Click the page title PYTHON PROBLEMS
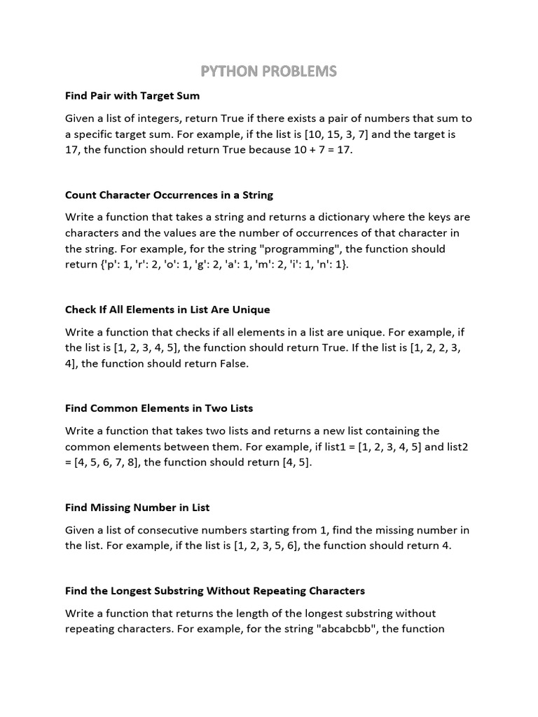pyautogui.click(x=269, y=71)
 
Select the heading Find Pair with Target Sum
pyautogui.click(x=132, y=95)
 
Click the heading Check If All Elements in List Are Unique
pyautogui.click(x=167, y=309)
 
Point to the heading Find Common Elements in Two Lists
pyautogui.click(x=159, y=408)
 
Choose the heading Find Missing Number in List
pyautogui.click(x=137, y=507)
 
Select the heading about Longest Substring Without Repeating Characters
pyautogui.click(x=215, y=591)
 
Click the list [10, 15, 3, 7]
pyautogui.click(x=373, y=134)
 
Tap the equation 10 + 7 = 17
pyautogui.click(x=318, y=151)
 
